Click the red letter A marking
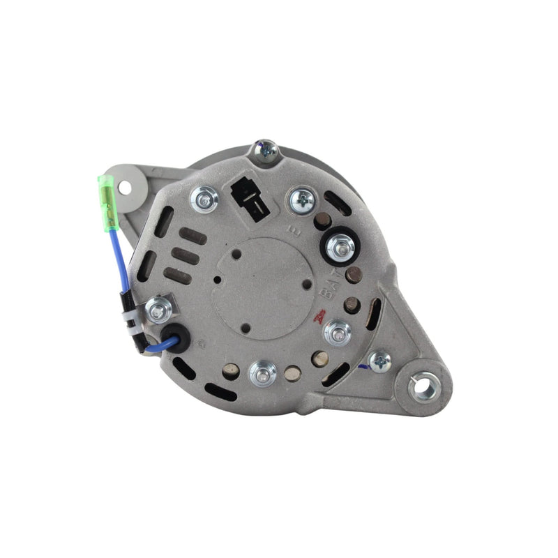[x=320, y=315]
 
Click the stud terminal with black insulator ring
[x=340, y=245]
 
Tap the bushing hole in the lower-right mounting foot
[x=422, y=387]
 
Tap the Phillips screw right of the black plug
[x=303, y=201]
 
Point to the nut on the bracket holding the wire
[x=160, y=308]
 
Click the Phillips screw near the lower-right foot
[x=380, y=360]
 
